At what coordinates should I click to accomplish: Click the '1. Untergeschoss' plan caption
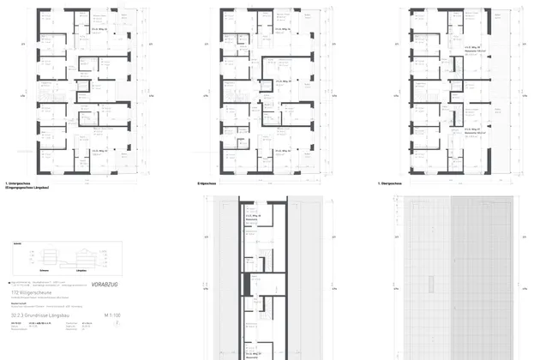[x=18, y=183]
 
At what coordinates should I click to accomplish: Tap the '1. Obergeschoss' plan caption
[x=390, y=183]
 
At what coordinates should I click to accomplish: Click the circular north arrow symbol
[x=117, y=325]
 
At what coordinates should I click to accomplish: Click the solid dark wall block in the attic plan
[x=244, y=282]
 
